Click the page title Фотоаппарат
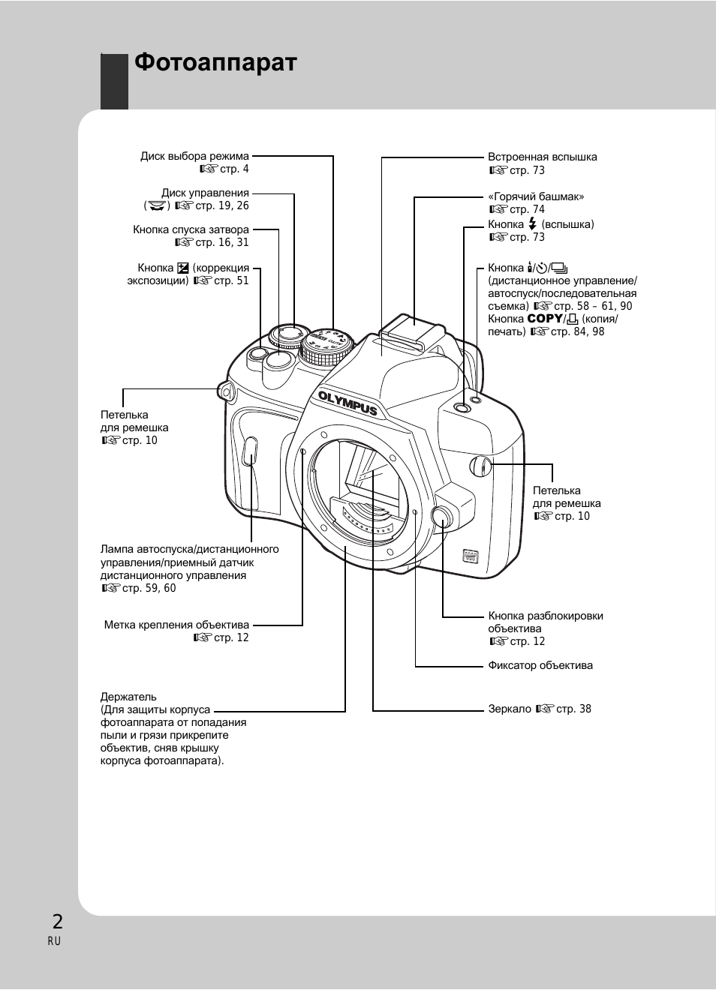click(215, 63)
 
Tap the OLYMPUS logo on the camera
click(347, 403)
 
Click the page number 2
click(57, 922)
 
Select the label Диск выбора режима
click(194, 157)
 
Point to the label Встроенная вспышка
click(542, 157)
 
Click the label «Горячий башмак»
click(535, 196)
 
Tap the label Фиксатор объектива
click(540, 665)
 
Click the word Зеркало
click(510, 709)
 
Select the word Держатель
click(128, 697)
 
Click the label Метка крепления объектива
click(176, 625)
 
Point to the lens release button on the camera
click(442, 517)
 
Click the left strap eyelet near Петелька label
click(226, 390)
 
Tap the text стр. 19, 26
click(221, 205)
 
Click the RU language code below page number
click(54, 941)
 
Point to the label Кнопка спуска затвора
click(191, 229)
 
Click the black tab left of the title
click(114, 81)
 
